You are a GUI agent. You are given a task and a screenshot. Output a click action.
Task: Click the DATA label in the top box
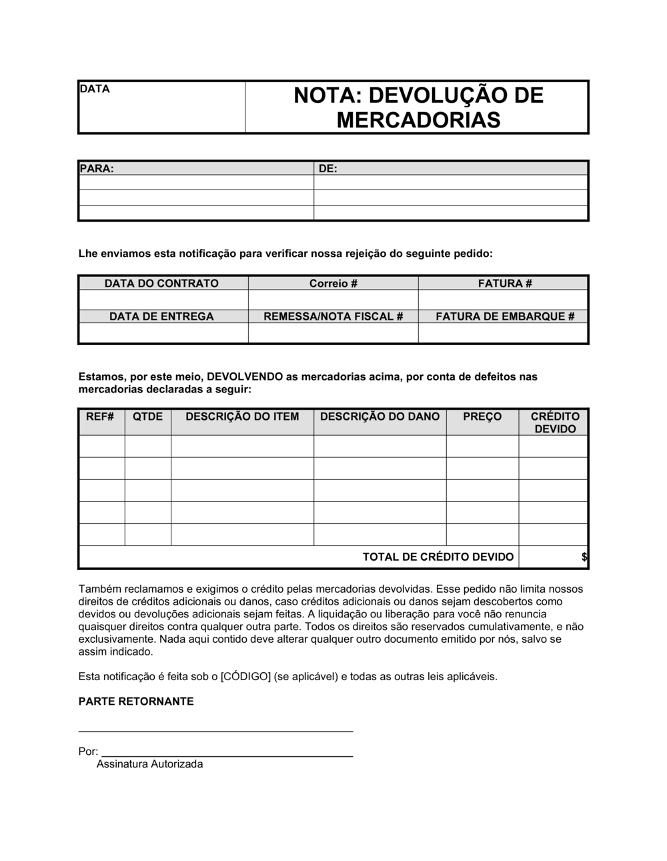94,89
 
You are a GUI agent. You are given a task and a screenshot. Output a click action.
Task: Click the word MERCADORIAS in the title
418,120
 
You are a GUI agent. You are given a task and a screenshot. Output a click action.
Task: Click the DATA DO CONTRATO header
161,284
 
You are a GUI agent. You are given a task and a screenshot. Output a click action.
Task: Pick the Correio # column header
333,284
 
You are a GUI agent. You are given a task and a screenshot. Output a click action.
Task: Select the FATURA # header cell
504,284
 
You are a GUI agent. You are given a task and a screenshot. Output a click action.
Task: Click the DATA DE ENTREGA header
161,316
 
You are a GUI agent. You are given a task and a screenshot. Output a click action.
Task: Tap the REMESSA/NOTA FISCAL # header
333,316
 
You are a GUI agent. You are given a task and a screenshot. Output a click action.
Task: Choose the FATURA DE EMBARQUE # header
504,316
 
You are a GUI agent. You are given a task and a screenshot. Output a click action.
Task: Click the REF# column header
100,416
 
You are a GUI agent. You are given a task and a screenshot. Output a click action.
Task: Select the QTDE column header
147,416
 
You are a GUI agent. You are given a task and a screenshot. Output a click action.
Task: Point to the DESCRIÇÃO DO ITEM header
242,416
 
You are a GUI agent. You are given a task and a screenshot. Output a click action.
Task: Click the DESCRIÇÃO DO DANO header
380,416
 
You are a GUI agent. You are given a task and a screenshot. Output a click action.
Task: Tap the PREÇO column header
482,416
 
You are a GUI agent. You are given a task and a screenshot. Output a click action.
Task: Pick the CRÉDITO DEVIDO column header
554,422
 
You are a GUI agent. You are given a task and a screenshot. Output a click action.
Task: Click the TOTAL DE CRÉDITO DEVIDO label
438,557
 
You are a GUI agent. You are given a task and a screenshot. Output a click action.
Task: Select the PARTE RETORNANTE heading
136,701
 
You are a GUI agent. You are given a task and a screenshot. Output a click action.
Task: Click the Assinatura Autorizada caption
149,764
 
